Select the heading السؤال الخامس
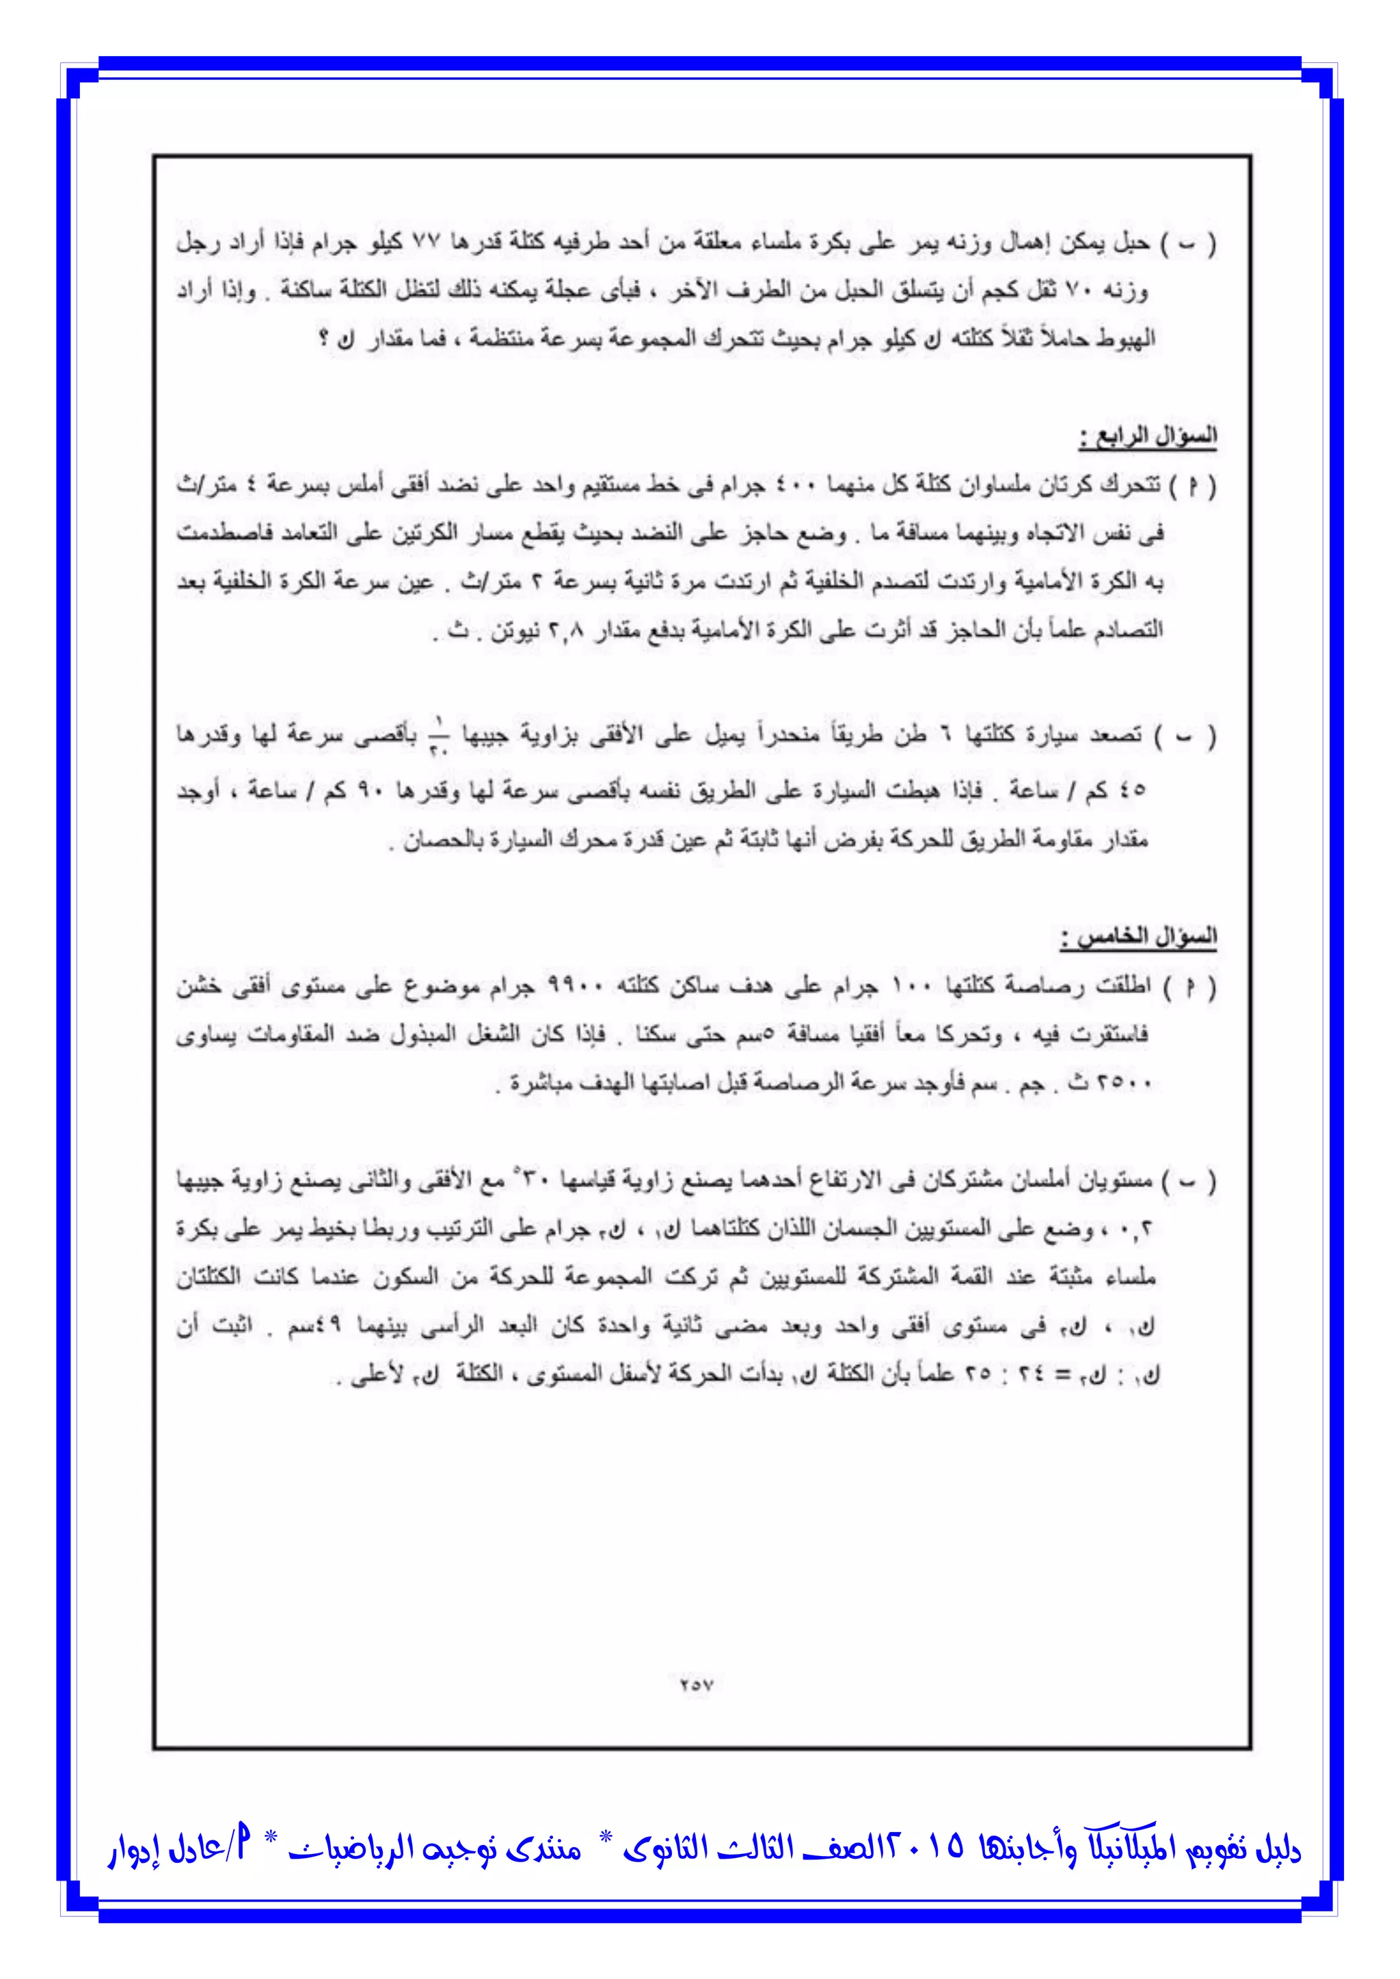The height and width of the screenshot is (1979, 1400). pyautogui.click(x=1138, y=937)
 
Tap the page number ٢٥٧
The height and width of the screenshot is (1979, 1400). pyautogui.click(x=696, y=1683)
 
